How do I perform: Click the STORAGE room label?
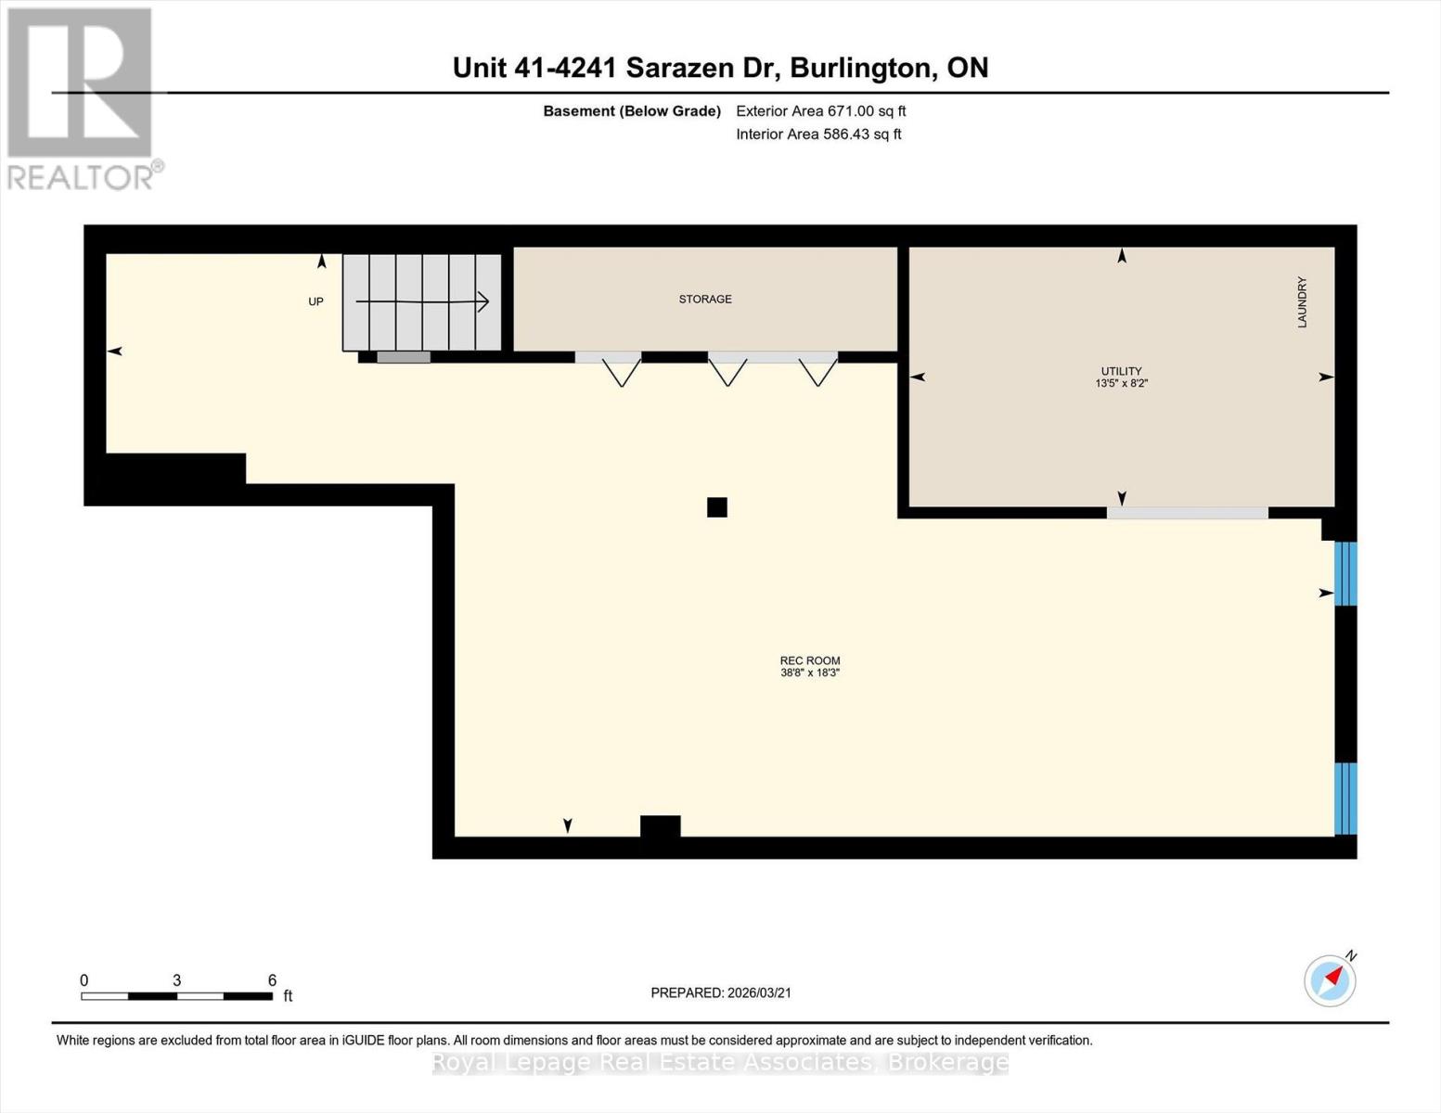pos(705,300)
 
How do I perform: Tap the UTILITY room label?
pos(1121,371)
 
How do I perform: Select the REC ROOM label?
pos(810,660)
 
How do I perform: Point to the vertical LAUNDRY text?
pos(1302,302)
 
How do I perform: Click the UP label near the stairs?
pos(316,301)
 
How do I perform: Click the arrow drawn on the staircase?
pos(423,301)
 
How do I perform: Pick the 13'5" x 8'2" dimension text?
pos(1121,383)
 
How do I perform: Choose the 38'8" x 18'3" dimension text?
pos(810,672)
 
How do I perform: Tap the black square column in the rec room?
pos(717,507)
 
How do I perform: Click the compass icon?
pos(1330,980)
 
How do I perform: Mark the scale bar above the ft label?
pos(176,996)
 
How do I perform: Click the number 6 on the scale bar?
pos(272,980)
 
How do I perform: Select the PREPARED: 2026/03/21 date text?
pos(721,992)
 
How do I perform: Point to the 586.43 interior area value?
pos(849,134)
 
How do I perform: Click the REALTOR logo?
pos(82,98)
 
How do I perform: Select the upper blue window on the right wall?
pos(1345,573)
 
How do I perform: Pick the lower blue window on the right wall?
pos(1345,798)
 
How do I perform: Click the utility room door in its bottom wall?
pos(1188,513)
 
